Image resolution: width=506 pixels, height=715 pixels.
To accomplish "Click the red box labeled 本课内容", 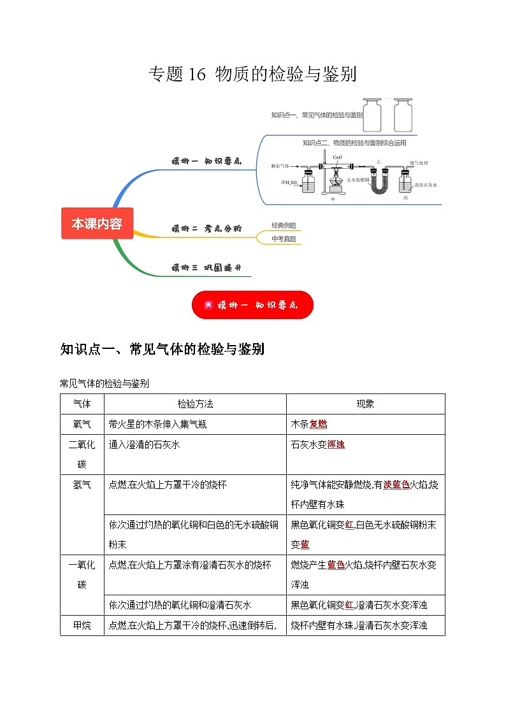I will tap(97, 223).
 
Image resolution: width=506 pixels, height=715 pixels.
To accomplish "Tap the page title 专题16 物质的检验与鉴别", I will tap(252, 74).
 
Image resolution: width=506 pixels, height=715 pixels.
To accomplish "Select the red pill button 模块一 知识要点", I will tap(252, 305).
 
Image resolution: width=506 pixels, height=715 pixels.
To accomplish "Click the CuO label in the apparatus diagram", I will tap(337, 157).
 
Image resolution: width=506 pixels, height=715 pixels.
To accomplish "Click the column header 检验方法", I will tap(195, 404).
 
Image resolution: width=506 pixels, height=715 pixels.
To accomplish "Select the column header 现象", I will tap(365, 404).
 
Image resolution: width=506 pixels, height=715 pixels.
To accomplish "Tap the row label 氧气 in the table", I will tap(82, 424).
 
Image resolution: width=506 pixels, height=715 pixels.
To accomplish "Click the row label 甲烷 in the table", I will tap(82, 625).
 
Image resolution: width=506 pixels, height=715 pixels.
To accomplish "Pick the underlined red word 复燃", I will tap(318, 424).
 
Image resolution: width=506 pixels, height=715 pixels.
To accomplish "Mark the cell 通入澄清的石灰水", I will tap(145, 444).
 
